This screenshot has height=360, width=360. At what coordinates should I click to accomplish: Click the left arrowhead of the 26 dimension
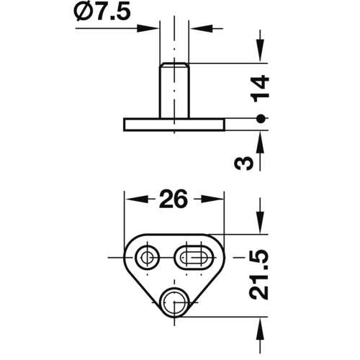pyautogui.click(x=132, y=198)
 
